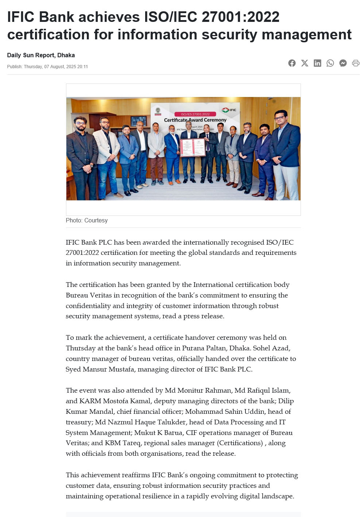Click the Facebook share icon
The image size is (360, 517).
[292, 63]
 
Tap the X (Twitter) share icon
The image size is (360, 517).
[305, 63]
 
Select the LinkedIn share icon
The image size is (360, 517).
[317, 63]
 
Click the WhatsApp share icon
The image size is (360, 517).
[330, 63]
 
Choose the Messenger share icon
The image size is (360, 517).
[343, 63]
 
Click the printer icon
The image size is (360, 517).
[356, 63]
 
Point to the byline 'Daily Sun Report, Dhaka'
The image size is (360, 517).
[41, 55]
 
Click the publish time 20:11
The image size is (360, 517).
[82, 67]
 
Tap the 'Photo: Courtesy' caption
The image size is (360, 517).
[86, 220]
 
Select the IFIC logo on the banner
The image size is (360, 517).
[229, 110]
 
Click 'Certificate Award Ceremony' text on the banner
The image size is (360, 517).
[195, 120]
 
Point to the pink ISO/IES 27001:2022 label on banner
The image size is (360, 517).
[195, 114]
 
